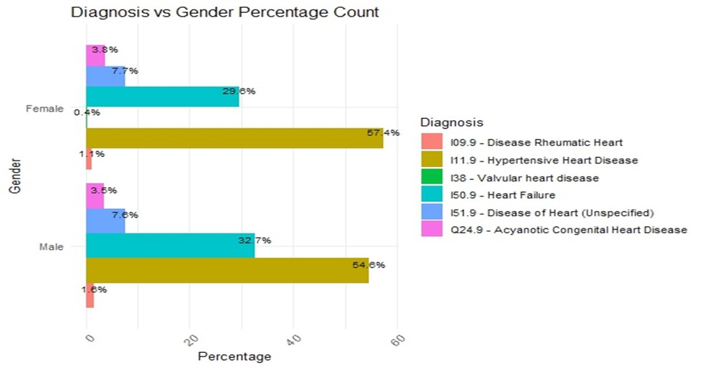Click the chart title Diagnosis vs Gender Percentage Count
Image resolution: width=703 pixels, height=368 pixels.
point(224,13)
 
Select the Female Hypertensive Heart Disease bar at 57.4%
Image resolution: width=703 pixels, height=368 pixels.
point(234,138)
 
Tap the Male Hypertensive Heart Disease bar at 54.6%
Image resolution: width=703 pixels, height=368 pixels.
point(227,270)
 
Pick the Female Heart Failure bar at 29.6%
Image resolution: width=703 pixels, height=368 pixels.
point(162,97)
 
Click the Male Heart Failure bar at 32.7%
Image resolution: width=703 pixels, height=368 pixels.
point(170,245)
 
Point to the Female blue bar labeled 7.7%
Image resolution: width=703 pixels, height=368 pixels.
point(105,76)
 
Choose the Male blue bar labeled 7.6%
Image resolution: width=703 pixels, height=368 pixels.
point(105,220)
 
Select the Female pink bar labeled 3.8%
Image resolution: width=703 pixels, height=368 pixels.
point(95,55)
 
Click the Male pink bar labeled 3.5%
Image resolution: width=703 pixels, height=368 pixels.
point(94,195)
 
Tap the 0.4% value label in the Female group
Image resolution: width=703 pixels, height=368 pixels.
point(87,112)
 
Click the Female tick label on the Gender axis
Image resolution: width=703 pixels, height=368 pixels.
point(45,109)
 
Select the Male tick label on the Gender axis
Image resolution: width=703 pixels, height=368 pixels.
point(52,247)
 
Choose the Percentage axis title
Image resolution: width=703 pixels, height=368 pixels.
point(234,356)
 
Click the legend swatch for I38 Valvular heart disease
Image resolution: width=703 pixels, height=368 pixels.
point(430,177)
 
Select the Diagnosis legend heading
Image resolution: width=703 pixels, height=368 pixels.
point(451,122)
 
